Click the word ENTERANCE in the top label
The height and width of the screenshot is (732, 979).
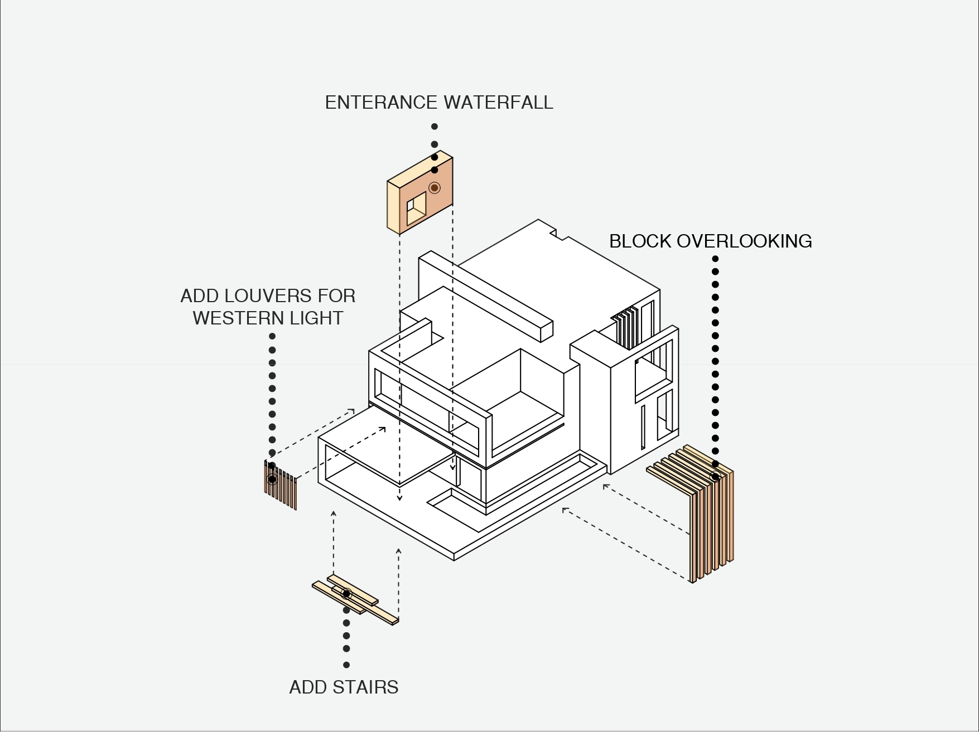(x=381, y=103)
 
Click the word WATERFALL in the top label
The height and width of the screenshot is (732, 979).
(x=498, y=103)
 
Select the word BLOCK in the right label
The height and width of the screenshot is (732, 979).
(x=640, y=241)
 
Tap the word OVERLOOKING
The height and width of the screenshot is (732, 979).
(x=744, y=241)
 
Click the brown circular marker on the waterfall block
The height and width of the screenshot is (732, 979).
(x=435, y=187)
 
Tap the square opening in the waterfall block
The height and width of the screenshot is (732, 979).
(x=416, y=209)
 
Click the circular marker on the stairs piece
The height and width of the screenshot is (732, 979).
(x=346, y=594)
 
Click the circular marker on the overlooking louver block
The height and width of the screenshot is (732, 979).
(x=715, y=477)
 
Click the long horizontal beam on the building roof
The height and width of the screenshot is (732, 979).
(x=491, y=298)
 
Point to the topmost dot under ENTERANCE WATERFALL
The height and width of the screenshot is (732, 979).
(x=435, y=127)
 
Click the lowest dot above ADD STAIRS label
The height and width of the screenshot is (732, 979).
(x=346, y=665)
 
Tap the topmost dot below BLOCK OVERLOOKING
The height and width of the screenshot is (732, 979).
(x=715, y=259)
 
